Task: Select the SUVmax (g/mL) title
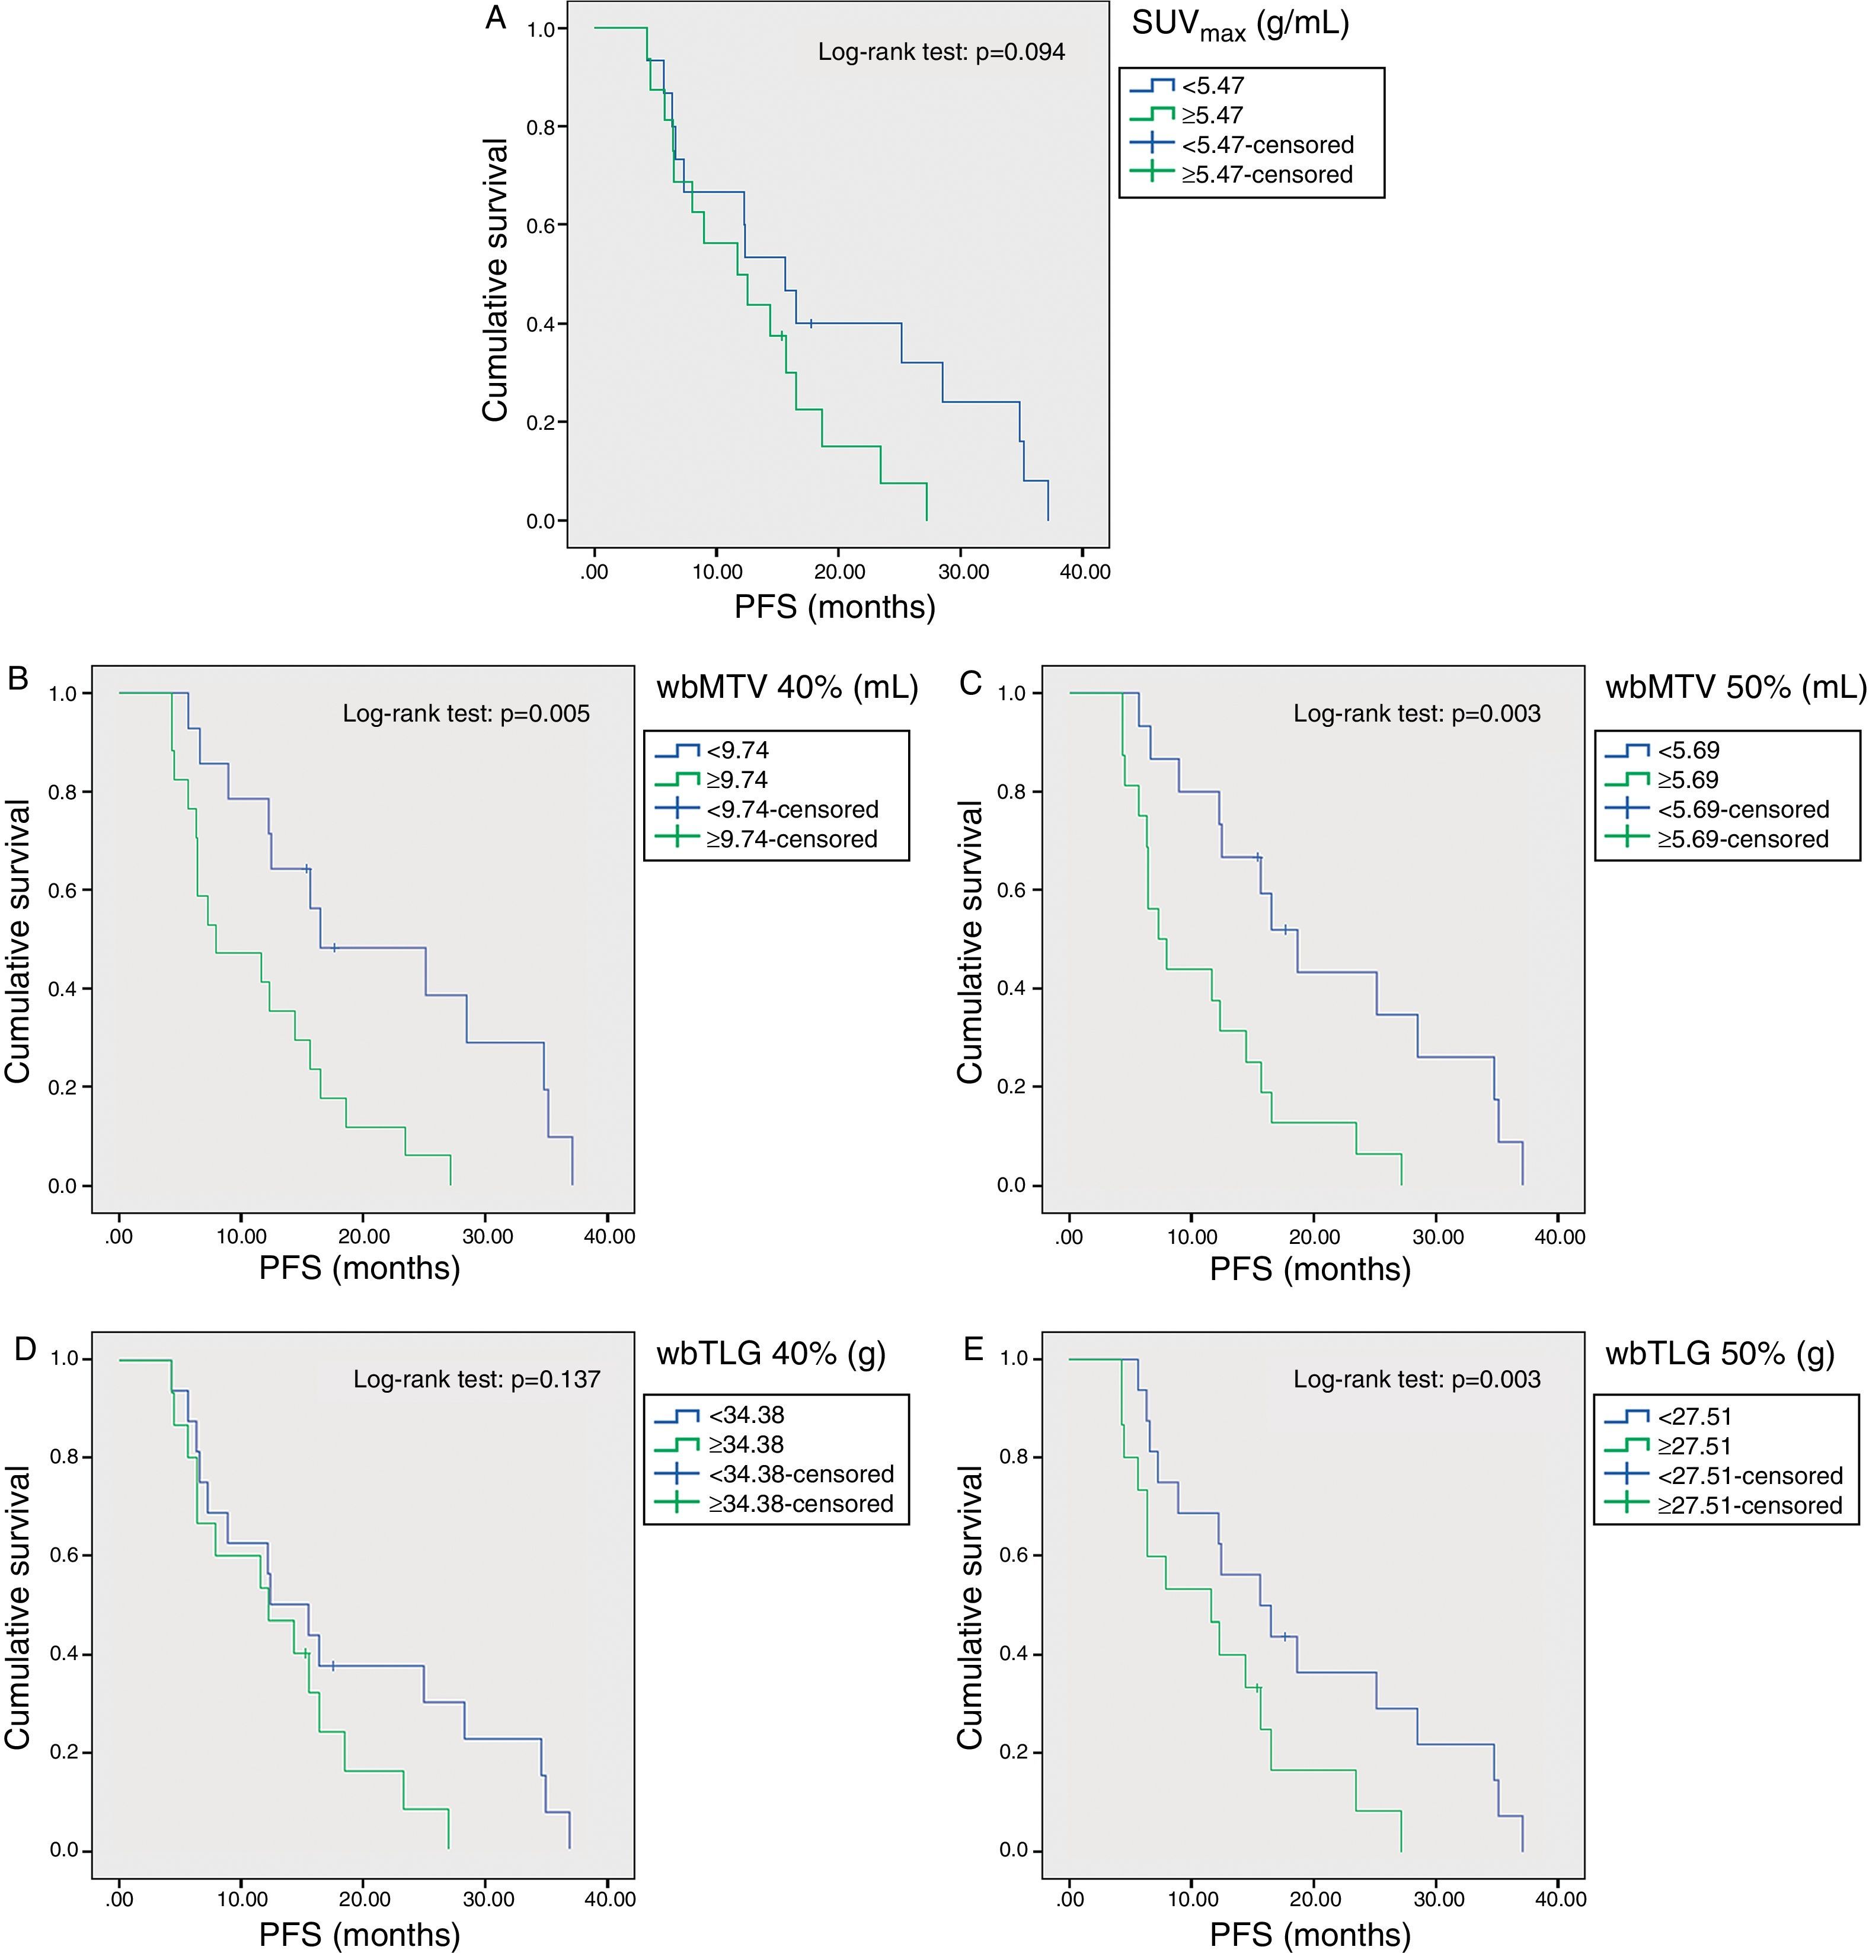click(x=1239, y=25)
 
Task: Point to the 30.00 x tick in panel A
click(x=963, y=572)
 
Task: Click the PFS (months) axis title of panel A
click(x=835, y=607)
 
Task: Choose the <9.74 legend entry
click(x=737, y=751)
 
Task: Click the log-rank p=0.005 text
click(x=467, y=713)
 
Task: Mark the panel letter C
click(x=969, y=684)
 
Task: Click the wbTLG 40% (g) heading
click(x=770, y=1353)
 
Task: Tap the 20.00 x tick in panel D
click(x=363, y=1899)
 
